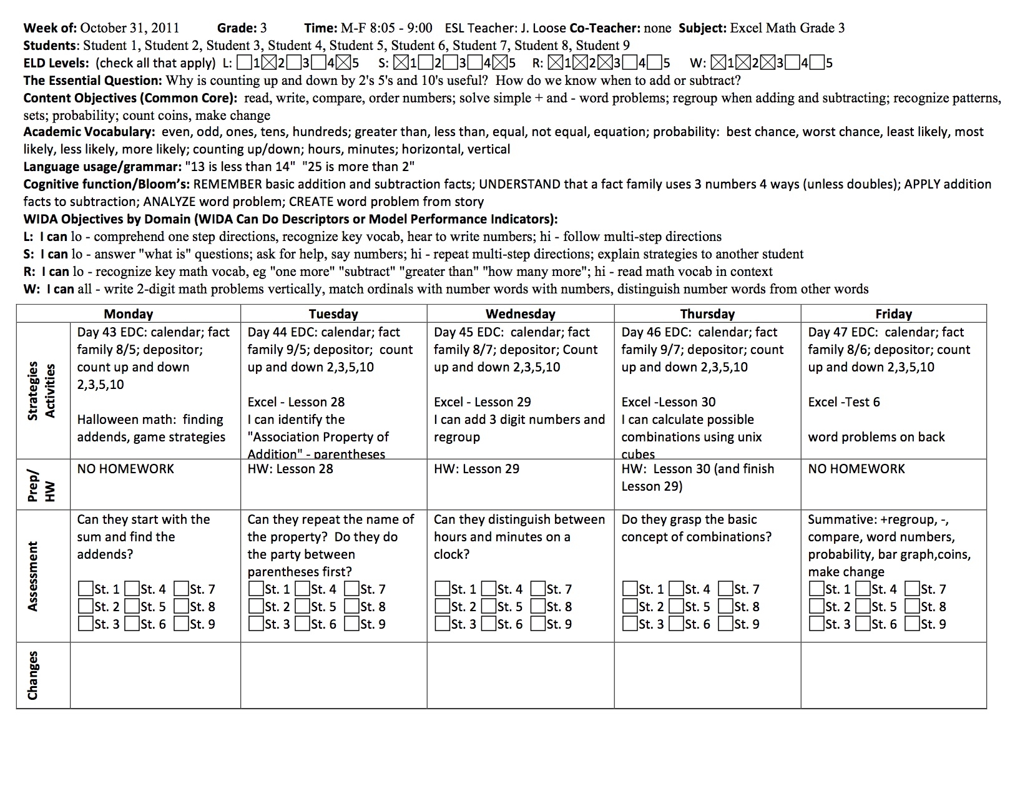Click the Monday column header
pos(128,313)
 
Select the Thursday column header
pos(707,313)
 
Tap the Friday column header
pos(893,313)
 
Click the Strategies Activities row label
pos(42,391)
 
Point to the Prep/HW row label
pos(42,484)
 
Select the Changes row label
pos(33,675)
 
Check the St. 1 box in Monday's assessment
pos(86,589)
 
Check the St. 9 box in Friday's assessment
pos(911,623)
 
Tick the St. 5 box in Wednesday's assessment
pos(489,606)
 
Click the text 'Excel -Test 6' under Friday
pos(843,402)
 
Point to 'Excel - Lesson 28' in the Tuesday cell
pos(296,402)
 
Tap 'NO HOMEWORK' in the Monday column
pos(125,469)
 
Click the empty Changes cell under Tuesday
pos(333,675)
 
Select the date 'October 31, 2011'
pos(130,28)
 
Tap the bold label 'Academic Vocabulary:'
pos(89,132)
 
